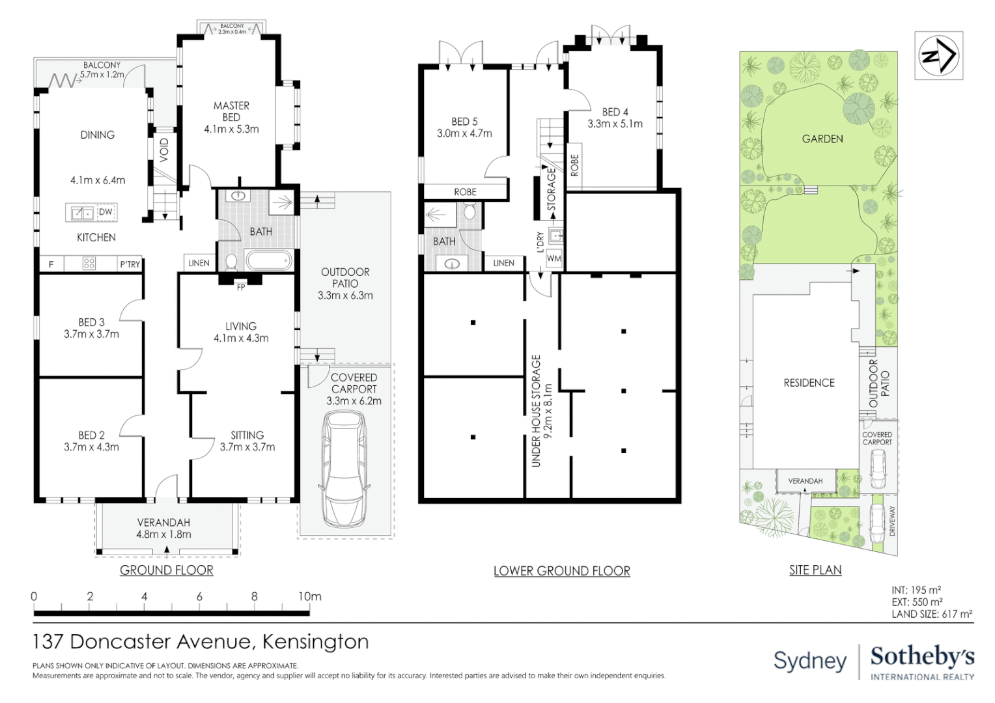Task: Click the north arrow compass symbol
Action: tap(938, 56)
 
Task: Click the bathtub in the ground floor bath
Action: tap(268, 262)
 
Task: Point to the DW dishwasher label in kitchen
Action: tap(105, 212)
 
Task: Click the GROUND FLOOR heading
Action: tap(167, 570)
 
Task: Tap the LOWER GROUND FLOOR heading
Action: tap(561, 571)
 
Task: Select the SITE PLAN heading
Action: tap(815, 570)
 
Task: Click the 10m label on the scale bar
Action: tap(309, 596)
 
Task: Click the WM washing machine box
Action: tap(554, 258)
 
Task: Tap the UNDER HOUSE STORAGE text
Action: tap(536, 410)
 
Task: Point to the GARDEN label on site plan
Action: tap(822, 139)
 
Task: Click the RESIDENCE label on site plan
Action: tap(809, 383)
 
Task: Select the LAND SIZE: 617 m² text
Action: tap(932, 614)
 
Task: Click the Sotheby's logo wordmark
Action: tap(922, 657)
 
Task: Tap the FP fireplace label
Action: tap(241, 287)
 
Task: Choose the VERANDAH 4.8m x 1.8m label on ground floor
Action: tap(163, 529)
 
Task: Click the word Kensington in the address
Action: tap(315, 642)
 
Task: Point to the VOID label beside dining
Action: tap(164, 150)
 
